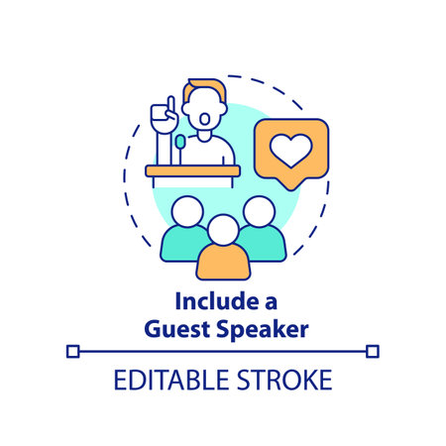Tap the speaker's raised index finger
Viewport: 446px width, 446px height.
pyautogui.click(x=169, y=102)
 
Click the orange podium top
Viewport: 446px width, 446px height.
pyautogui.click(x=192, y=170)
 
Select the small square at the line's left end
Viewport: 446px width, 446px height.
pyautogui.click(x=72, y=350)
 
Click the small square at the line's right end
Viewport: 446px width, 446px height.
pyautogui.click(x=373, y=350)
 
